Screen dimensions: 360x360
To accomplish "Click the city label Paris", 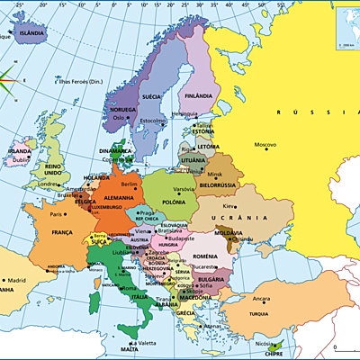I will [x=57, y=214].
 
